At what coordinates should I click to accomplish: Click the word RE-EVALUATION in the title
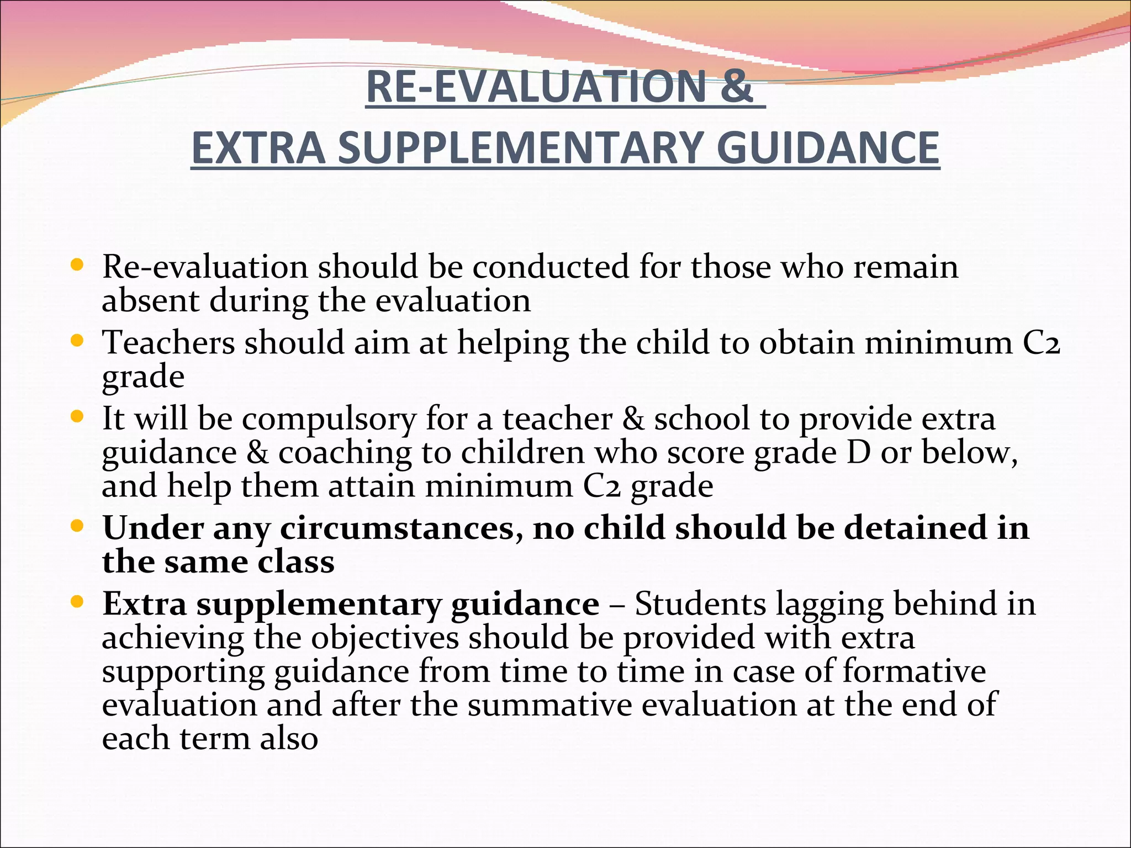pyautogui.click(x=536, y=87)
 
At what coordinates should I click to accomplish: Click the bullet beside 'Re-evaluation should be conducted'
pyautogui.click(x=77, y=265)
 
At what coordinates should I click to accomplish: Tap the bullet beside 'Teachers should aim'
pyautogui.click(x=77, y=341)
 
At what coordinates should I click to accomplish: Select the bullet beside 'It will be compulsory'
pyautogui.click(x=77, y=416)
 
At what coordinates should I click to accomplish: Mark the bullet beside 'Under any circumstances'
pyautogui.click(x=77, y=526)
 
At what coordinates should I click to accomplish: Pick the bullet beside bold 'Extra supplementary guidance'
pyautogui.click(x=77, y=602)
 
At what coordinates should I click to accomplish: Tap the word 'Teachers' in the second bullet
pyautogui.click(x=169, y=342)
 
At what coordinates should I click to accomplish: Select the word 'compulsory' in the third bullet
pyautogui.click(x=329, y=420)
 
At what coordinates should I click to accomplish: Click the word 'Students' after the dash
pyautogui.click(x=700, y=603)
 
